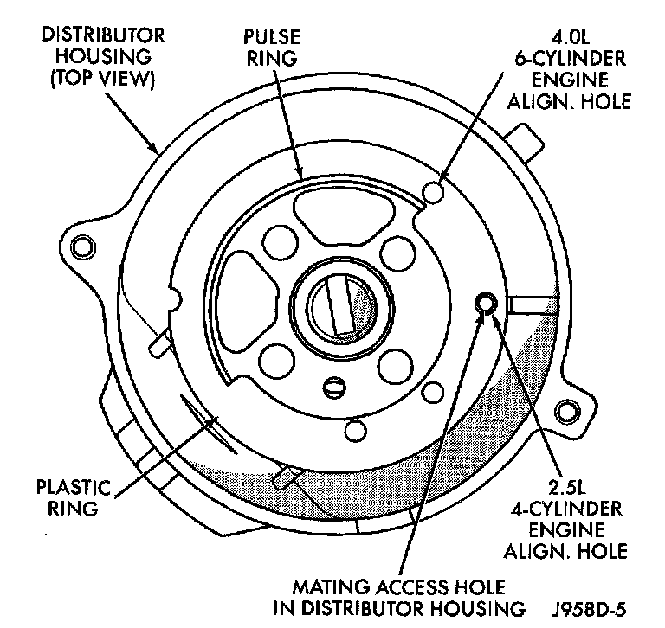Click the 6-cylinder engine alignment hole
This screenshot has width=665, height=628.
pyautogui.click(x=436, y=189)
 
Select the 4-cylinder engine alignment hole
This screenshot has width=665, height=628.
pyautogui.click(x=486, y=302)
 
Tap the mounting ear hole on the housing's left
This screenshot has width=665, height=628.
pyautogui.click(x=83, y=246)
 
